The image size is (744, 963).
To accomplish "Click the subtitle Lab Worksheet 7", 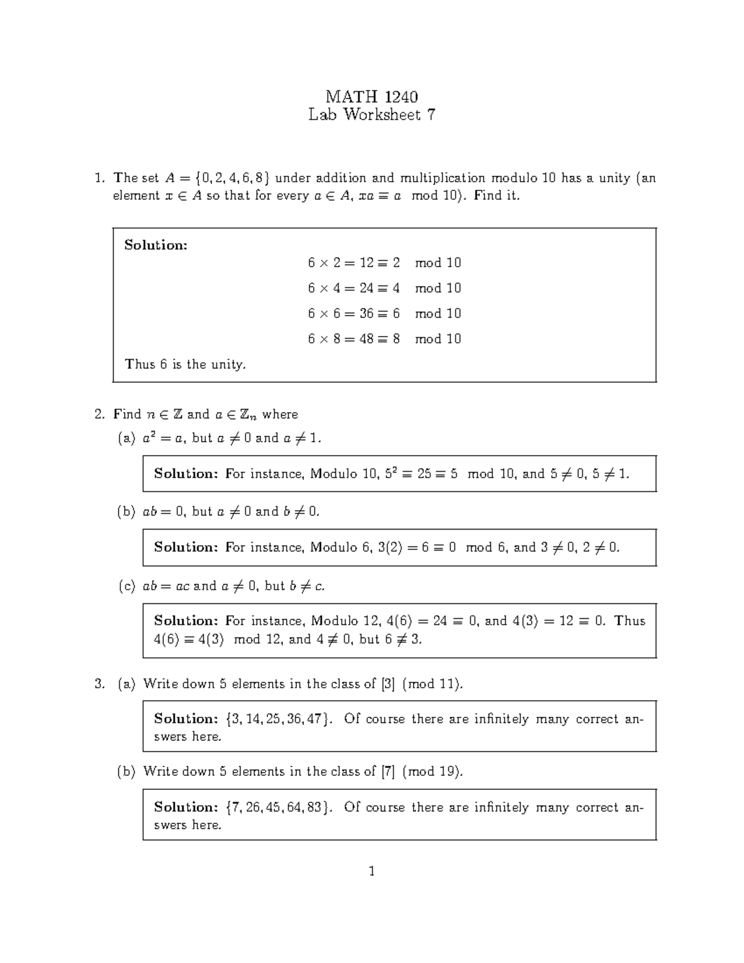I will tap(371, 115).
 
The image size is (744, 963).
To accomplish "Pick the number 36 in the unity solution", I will tap(366, 314).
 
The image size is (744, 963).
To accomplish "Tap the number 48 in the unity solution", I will tap(366, 339).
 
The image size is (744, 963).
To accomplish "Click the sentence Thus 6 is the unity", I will tap(185, 365).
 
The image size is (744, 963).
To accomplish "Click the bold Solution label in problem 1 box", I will tap(156, 245).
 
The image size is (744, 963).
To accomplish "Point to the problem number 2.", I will tap(99, 414).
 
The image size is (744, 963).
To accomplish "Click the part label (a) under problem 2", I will tap(126, 438).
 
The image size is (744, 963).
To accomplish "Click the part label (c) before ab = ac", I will tap(126, 586).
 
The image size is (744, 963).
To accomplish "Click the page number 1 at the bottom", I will tap(371, 871).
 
